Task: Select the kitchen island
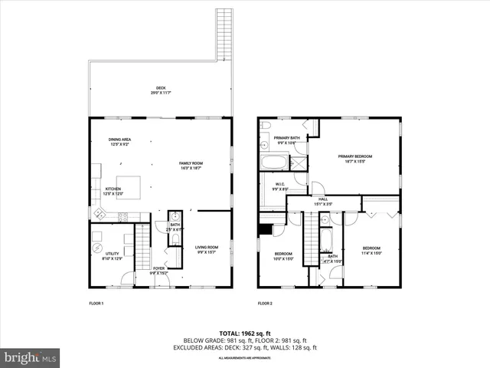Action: click(129, 186)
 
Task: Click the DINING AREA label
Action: click(120, 141)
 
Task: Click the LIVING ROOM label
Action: click(207, 248)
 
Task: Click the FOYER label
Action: click(158, 270)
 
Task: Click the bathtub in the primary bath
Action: click(273, 163)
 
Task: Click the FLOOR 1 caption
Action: click(96, 304)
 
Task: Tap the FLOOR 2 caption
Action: click(265, 304)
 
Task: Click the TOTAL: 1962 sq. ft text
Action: click(244, 333)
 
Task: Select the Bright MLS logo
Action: click(31, 357)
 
